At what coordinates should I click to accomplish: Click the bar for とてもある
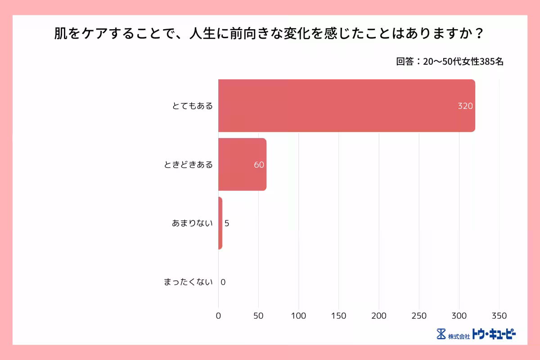click(x=346, y=106)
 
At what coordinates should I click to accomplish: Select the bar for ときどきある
click(x=242, y=164)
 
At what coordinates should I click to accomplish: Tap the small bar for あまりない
click(x=220, y=223)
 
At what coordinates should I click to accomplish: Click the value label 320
click(x=465, y=106)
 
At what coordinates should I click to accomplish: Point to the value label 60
click(x=259, y=165)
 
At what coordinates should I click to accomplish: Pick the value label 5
click(x=227, y=223)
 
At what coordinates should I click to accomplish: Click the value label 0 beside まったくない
click(x=223, y=282)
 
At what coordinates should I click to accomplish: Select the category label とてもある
click(x=192, y=106)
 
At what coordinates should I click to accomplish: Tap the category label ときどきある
click(x=188, y=165)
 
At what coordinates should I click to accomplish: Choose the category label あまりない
click(x=192, y=223)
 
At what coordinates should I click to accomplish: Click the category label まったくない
click(x=188, y=282)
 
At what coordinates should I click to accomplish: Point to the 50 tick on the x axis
click(x=258, y=315)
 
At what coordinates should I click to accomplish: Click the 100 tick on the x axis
click(x=299, y=315)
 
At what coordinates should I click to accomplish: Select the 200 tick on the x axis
click(x=379, y=315)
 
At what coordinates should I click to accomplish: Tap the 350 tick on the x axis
click(x=499, y=315)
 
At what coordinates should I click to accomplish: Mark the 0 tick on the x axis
click(x=219, y=315)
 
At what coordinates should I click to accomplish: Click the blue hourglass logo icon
click(x=441, y=334)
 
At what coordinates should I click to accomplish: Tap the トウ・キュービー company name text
click(x=494, y=334)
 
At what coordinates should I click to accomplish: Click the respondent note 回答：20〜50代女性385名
click(x=450, y=62)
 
